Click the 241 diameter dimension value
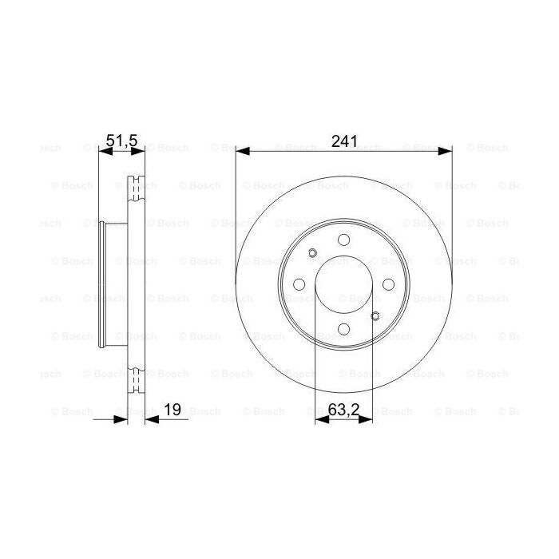pyautogui.click(x=344, y=141)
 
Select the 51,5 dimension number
pyautogui.click(x=122, y=141)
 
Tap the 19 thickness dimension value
pyautogui.click(x=172, y=410)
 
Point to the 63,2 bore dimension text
pyautogui.click(x=343, y=410)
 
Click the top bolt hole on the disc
pyautogui.click(x=344, y=240)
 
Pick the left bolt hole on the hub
pyautogui.click(x=299, y=284)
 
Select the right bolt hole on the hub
pyautogui.click(x=389, y=284)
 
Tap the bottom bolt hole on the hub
pyautogui.click(x=344, y=329)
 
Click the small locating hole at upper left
pyautogui.click(x=312, y=254)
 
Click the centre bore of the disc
pyautogui.click(x=344, y=284)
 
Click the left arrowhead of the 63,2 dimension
pyautogui.click(x=320, y=419)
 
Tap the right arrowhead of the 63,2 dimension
pyautogui.click(x=368, y=419)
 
